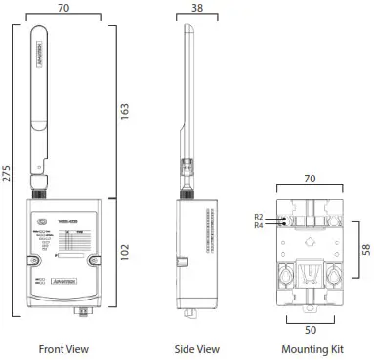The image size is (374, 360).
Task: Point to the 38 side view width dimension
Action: click(198, 7)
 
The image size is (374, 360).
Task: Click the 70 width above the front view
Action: click(65, 7)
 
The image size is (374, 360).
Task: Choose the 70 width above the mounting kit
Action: click(311, 179)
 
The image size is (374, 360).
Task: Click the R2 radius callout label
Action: click(259, 217)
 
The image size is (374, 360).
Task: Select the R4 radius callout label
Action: click(259, 225)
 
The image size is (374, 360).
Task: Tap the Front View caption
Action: click(63, 348)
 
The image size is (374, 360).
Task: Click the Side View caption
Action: click(196, 348)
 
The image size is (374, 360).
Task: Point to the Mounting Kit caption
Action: click(311, 348)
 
